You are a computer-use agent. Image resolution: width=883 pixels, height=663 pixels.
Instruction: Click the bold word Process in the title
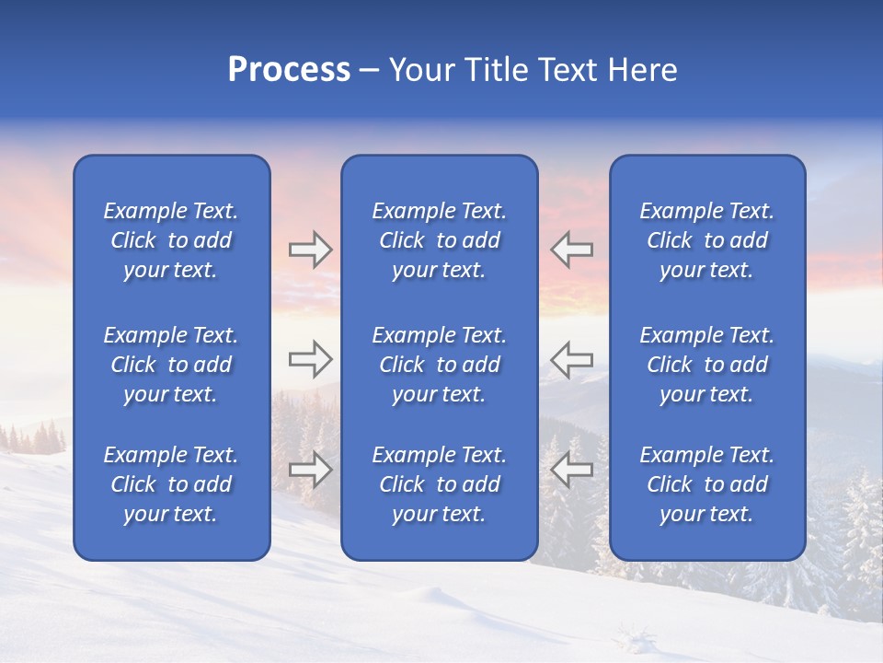tap(289, 70)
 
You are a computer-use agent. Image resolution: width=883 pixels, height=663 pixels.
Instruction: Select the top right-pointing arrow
tap(310, 250)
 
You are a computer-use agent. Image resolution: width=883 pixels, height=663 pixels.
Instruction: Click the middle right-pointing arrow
tap(310, 359)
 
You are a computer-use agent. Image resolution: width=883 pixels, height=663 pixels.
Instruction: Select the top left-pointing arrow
tap(572, 250)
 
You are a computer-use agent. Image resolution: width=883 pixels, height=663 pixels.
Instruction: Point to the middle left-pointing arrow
tap(572, 359)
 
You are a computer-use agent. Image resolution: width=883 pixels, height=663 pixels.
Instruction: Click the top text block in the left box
tap(171, 240)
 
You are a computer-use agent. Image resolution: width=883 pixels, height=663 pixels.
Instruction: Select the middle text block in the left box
tap(171, 365)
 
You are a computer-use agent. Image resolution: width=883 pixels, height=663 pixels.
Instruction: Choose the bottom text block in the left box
tap(171, 484)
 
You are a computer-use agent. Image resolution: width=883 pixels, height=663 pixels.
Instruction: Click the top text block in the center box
tap(440, 240)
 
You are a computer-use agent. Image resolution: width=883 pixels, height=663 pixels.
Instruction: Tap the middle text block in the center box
tap(440, 365)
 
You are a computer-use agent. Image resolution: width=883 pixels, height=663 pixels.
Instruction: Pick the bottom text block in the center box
tap(440, 484)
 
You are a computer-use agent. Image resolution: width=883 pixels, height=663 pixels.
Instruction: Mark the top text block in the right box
tap(707, 240)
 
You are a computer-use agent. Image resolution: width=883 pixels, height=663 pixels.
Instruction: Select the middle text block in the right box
tap(707, 365)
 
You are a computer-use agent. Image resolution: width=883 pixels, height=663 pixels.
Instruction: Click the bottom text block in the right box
tap(707, 484)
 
